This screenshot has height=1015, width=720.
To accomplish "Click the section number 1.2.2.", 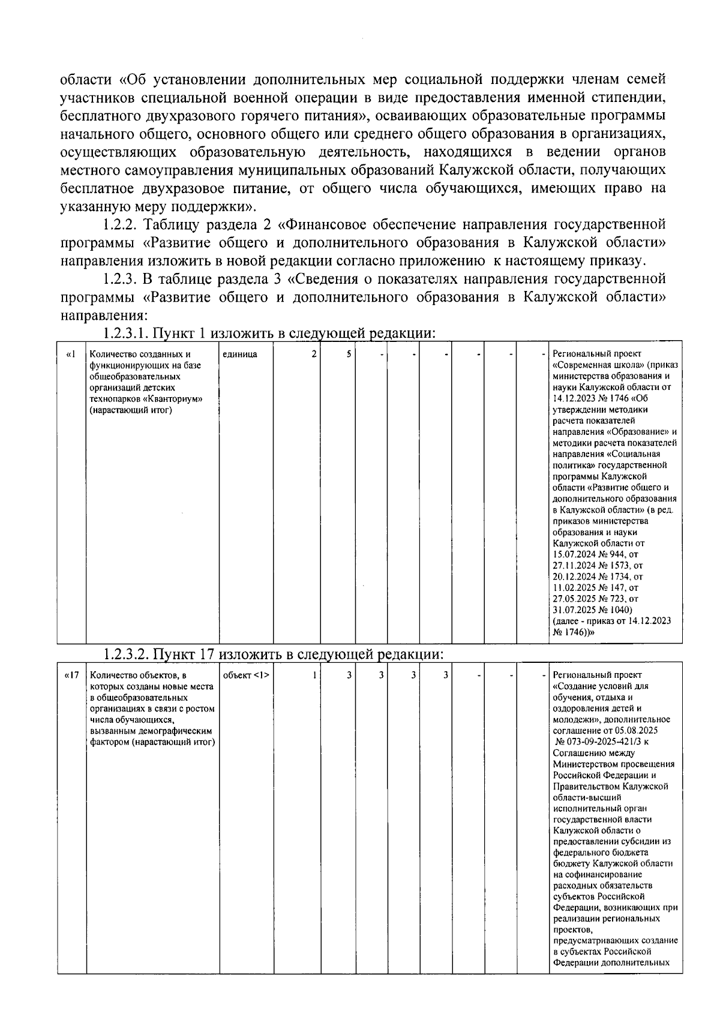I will tap(121, 225).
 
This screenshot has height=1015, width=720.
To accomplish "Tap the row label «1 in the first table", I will tap(71, 355).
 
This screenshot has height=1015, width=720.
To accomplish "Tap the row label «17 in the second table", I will tap(71, 675).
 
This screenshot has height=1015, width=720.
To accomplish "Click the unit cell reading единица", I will tap(239, 355).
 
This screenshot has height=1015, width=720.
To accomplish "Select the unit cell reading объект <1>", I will tap(246, 675).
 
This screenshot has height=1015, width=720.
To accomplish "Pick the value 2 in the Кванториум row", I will tap(313, 355).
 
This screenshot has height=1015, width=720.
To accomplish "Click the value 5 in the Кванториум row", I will tap(348, 355).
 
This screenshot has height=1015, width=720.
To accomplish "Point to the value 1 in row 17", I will tap(313, 675).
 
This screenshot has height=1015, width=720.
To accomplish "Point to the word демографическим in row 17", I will tap(179, 731).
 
